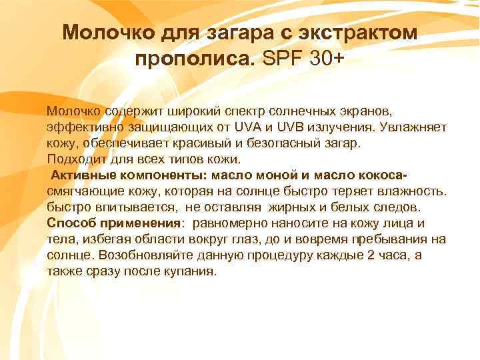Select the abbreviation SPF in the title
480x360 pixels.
283,59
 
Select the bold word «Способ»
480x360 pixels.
70,223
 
